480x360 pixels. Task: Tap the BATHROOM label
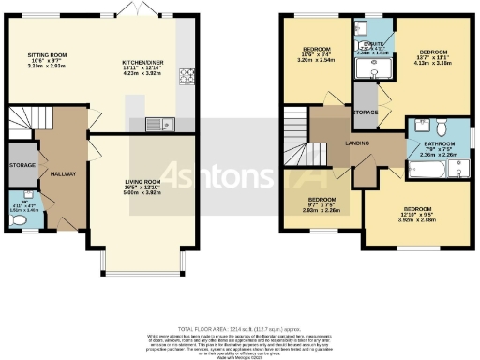[x=438, y=145]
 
